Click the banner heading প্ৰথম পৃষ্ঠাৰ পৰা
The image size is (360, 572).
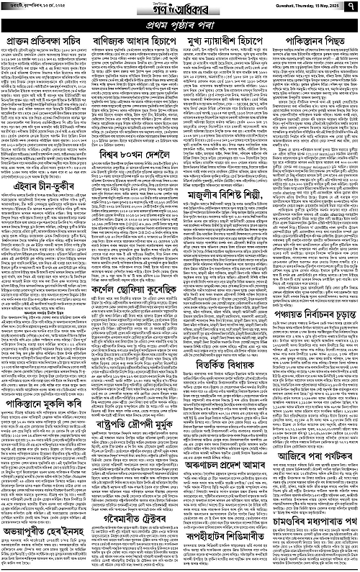[x=180, y=22]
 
